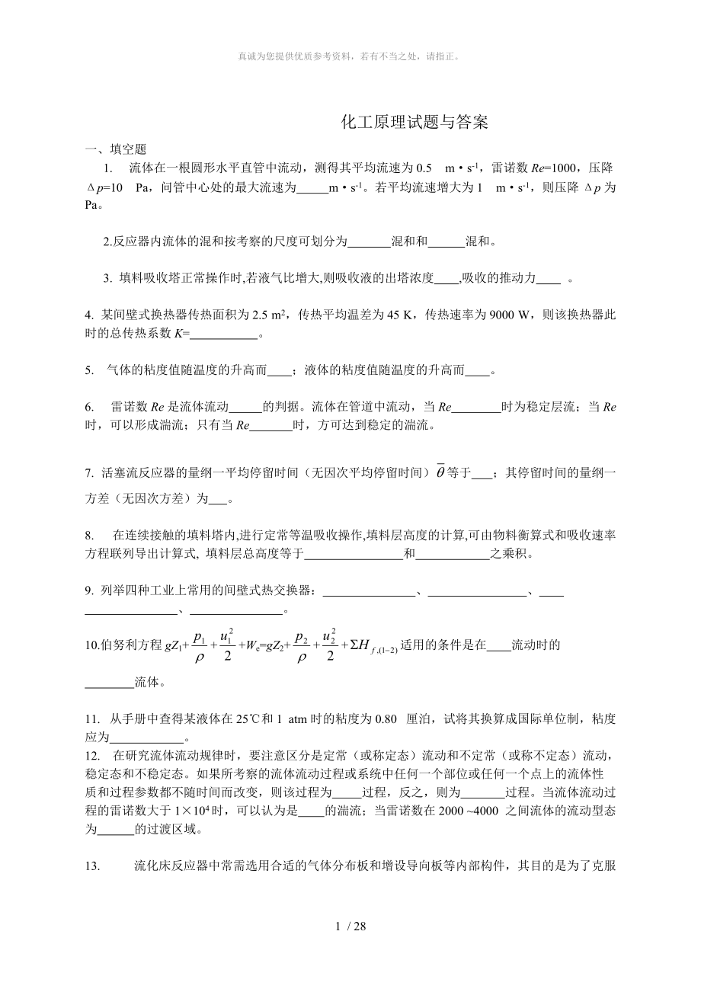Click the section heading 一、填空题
point(115,149)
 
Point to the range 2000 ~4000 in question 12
point(466,811)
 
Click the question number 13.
point(93,866)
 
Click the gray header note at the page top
point(350,56)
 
